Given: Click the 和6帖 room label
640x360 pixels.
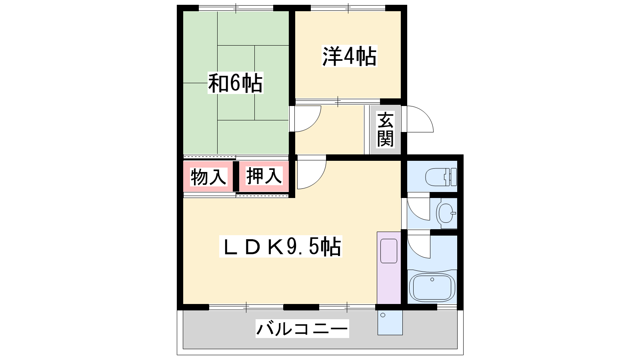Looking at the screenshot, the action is pos(235,83).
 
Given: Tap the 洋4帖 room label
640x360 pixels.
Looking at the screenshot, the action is pos(349,56).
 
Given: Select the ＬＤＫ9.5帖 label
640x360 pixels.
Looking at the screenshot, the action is pos(280,246).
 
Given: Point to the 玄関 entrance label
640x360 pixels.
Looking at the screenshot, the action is pos(385,130).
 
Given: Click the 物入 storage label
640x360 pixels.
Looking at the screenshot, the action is pos(208,177).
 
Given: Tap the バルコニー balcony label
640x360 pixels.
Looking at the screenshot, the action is pos(302,328).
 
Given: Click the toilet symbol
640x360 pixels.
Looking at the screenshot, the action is pos(441,177).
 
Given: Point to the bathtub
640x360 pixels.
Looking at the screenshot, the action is pos(432,287).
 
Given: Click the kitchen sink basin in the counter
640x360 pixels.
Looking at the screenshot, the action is pos(389,251).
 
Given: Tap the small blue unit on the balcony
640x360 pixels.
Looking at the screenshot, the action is pos(390,322).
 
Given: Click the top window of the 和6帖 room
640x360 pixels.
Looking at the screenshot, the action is pos(236,8).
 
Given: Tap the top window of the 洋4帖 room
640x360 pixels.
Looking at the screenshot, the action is pos(348,8).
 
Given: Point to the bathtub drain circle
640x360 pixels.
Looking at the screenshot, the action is pos(432,280).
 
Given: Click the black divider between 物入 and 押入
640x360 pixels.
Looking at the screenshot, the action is pos(236,176).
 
